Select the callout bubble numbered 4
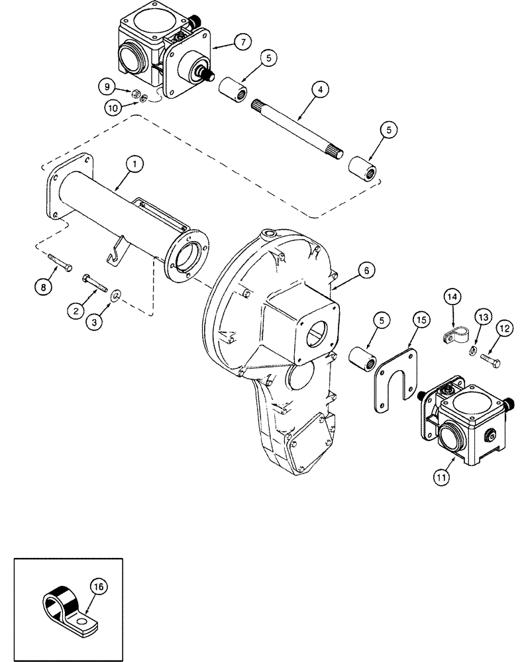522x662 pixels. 319,88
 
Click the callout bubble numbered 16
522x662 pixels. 97,587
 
